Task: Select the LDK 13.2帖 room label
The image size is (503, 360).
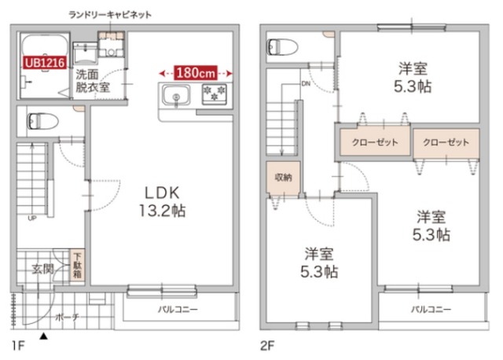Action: pos(163,202)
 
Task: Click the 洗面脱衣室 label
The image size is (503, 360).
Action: pos(91,82)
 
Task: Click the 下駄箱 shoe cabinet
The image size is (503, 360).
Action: pos(78,268)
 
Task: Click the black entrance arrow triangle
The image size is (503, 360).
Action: pos(43,336)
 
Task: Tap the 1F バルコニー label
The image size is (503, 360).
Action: pos(178,309)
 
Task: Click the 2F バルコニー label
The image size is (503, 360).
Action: pos(431,309)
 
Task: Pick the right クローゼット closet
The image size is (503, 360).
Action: pos(445,143)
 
